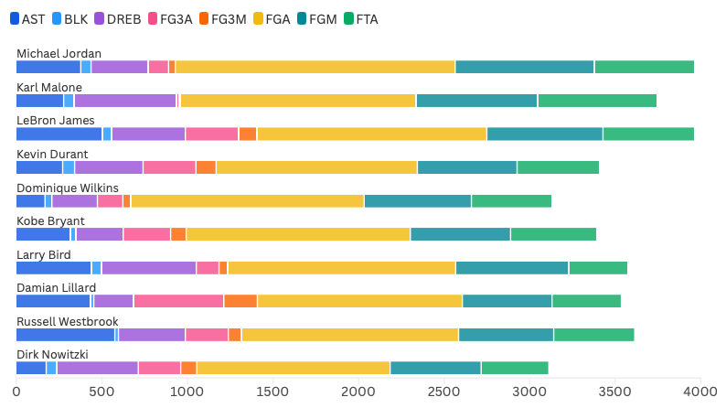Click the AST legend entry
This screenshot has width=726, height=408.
27,19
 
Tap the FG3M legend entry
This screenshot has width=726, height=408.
222,19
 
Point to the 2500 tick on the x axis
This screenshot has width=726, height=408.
529,392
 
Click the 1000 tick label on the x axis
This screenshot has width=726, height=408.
187,392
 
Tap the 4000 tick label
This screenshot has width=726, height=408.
700,392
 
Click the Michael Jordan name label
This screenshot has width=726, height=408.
59,54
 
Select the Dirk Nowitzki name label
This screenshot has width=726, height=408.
52,354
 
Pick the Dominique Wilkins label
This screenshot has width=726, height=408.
67,188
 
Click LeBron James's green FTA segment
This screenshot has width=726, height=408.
648,134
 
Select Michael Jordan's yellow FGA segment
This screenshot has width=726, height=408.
315,67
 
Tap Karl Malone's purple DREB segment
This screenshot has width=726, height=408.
125,101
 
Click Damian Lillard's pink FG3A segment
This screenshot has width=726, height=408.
178,301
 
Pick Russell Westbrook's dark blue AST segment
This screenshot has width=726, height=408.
65,334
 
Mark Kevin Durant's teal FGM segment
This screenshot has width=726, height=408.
466,167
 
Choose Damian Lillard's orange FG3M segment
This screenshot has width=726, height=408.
240,301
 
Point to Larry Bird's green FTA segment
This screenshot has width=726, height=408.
598,267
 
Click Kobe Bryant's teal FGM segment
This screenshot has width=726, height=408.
460,234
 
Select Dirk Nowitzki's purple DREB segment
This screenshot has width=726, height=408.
97,368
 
